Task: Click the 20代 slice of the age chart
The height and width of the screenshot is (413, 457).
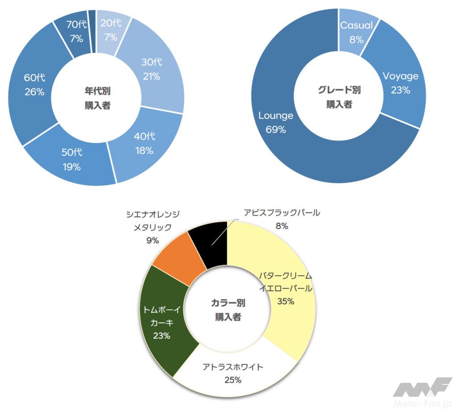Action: coord(111,31)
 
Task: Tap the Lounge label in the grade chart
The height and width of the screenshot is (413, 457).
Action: coord(276,116)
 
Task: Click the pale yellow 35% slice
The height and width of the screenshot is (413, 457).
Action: coord(286,290)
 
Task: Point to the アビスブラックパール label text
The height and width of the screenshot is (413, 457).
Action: coord(282,213)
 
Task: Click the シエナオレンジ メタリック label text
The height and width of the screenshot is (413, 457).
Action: coord(153,220)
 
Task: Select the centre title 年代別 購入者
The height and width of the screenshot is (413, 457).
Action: coord(97,98)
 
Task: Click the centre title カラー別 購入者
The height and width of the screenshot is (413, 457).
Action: coord(228,310)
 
